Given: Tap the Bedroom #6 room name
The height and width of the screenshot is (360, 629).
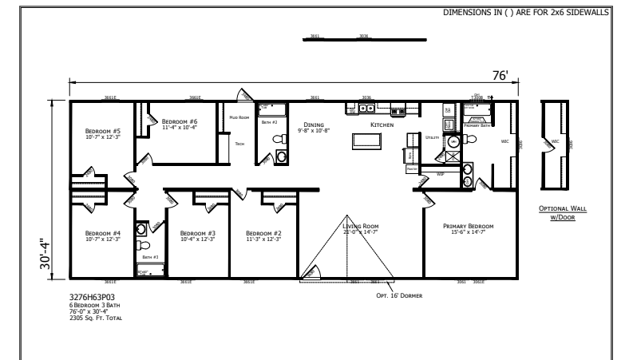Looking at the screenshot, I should pos(180,121).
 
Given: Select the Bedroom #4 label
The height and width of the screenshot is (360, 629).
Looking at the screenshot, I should pos(102,233).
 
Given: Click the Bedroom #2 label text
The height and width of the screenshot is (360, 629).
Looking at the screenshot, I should pos(261,233).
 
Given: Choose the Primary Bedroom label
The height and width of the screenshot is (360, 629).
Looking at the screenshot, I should pos(469,226).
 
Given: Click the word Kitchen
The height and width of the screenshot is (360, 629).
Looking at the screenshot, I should pos(382,125).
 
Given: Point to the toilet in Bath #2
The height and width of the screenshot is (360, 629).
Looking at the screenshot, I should pos(279,139).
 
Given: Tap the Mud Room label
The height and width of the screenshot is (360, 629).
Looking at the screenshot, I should pos(239,117).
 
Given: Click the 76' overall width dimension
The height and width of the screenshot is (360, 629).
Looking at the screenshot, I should pos(500,75).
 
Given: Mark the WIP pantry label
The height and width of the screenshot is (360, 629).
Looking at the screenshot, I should pos(440,173).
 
